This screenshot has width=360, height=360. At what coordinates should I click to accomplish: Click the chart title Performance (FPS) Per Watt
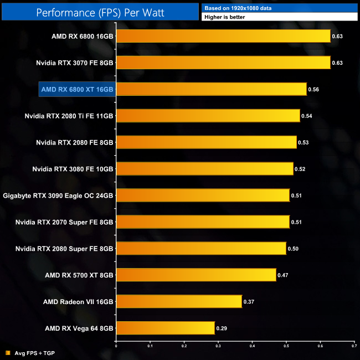(x=100, y=11)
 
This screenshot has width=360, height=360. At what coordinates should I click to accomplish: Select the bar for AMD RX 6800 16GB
(x=223, y=37)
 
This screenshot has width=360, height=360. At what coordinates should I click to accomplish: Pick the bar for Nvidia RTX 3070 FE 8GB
(x=223, y=63)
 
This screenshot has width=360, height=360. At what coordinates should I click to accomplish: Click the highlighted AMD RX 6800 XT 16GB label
(x=77, y=89)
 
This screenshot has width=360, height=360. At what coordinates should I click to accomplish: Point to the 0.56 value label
(x=313, y=89)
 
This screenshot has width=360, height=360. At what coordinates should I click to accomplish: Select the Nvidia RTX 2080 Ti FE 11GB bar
(x=208, y=116)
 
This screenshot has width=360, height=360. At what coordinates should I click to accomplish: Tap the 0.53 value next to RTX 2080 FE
(x=303, y=142)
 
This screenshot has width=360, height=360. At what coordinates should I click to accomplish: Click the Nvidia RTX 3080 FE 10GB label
(x=73, y=168)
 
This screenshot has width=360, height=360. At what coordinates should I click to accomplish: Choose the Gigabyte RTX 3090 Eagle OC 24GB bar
(x=203, y=195)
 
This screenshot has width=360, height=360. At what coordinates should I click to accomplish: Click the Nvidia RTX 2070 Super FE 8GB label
(x=73, y=222)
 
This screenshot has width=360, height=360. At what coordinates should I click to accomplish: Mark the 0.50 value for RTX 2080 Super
(x=293, y=248)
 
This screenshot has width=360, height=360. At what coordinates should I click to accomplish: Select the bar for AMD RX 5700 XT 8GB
(x=196, y=275)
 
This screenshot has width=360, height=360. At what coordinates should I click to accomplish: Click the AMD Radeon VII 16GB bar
(x=179, y=301)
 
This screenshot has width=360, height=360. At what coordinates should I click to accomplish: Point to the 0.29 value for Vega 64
(x=222, y=328)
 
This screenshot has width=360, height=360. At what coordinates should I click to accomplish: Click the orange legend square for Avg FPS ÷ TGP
(x=8, y=353)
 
